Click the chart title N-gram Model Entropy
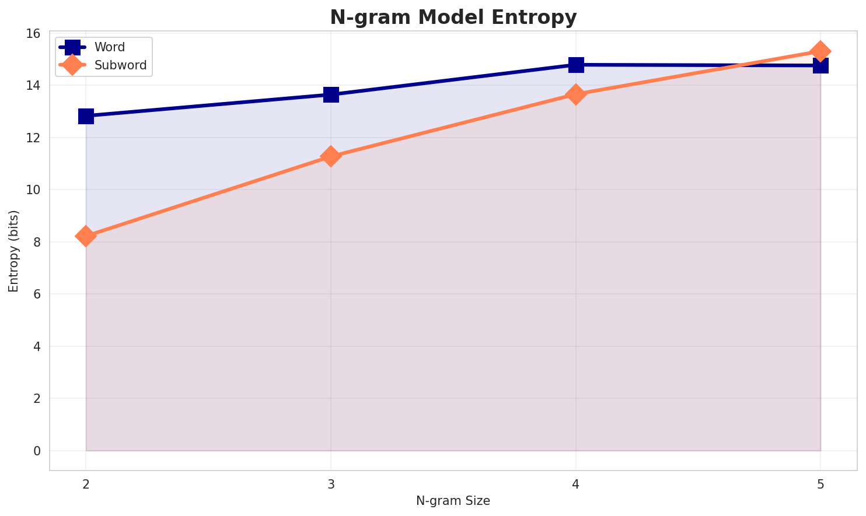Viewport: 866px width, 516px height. [453, 17]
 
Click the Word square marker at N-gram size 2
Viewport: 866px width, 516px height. [86, 116]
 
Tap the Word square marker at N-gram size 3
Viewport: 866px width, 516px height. [331, 94]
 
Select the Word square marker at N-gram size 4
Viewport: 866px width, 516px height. [576, 65]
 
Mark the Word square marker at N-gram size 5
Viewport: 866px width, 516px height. [820, 65]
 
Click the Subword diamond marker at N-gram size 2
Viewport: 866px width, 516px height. [86, 236]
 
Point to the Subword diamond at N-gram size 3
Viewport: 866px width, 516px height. [331, 156]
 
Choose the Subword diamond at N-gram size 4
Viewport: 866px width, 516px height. [576, 94]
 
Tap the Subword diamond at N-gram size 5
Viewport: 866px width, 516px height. [820, 51]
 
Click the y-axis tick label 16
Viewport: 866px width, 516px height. [33, 34]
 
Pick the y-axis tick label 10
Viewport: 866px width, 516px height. [33, 190]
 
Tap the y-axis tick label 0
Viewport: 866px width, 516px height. [37, 451]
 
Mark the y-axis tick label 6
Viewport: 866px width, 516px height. [37, 294]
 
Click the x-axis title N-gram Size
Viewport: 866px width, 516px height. [453, 501]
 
